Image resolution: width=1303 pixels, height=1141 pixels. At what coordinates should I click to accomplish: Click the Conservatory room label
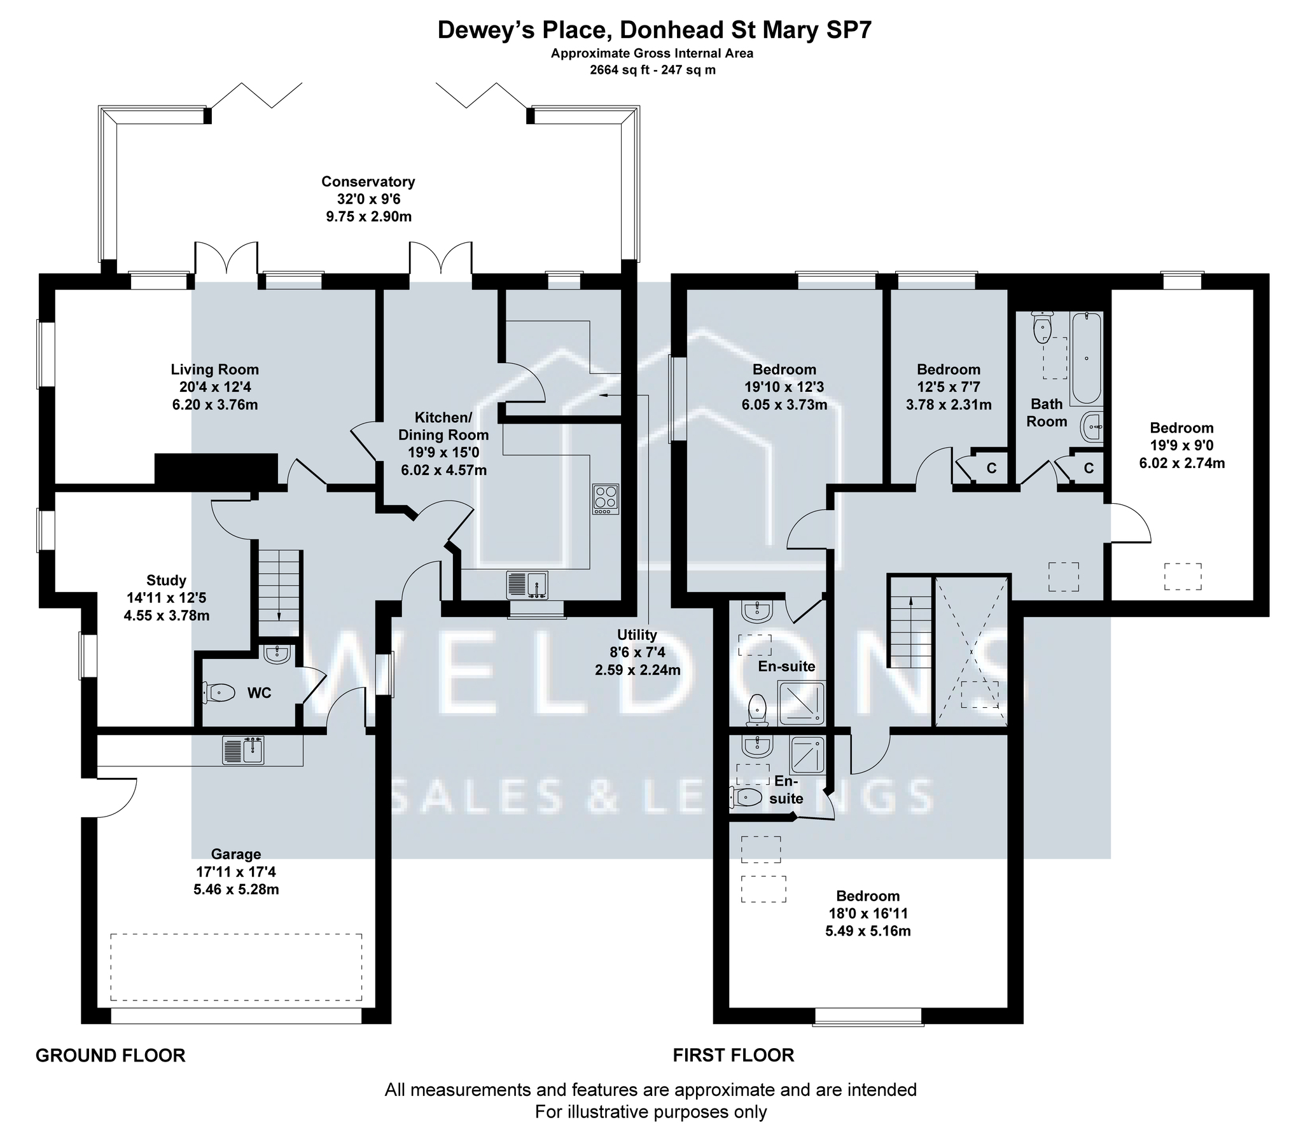point(368,199)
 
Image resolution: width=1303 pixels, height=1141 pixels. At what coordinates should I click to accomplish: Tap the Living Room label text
point(214,387)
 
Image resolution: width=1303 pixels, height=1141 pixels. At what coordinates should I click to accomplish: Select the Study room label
point(166,598)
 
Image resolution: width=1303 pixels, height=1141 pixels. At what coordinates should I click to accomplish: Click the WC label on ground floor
point(259,693)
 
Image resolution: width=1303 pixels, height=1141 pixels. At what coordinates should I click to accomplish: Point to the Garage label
point(236,872)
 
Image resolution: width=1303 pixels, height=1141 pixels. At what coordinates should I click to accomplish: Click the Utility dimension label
point(638,653)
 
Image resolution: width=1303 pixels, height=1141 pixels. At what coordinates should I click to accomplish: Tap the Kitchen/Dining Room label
point(443,444)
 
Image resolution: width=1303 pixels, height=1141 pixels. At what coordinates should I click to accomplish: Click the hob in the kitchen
point(606,499)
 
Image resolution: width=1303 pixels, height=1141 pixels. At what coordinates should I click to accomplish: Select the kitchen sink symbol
point(527,584)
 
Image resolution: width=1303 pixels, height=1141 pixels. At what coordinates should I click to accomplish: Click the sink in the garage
point(243,750)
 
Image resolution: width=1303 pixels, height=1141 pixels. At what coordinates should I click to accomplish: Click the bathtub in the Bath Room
point(1086,359)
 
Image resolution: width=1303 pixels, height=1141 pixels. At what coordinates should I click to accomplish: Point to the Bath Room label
point(1047,413)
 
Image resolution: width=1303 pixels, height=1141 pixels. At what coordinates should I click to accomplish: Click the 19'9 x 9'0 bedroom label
point(1181,446)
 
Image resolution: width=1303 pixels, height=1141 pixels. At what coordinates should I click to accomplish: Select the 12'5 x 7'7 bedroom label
point(948,387)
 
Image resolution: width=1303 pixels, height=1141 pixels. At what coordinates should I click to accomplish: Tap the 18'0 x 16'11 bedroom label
point(868,914)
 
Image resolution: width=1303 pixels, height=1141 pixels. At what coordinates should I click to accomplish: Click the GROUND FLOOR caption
point(110,1056)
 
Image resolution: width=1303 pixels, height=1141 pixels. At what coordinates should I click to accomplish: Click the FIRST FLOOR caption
point(734,1056)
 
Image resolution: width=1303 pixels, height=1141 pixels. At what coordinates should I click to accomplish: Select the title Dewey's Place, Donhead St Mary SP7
point(654,31)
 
